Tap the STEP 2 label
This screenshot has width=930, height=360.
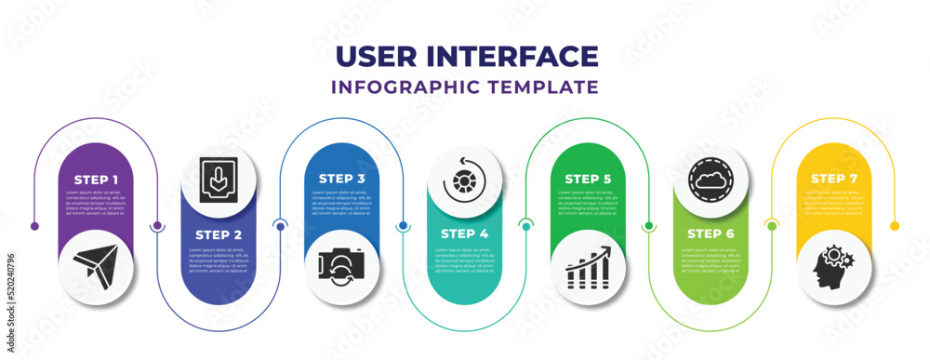219,233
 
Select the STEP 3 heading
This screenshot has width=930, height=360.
341,179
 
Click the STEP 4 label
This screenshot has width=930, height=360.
464,233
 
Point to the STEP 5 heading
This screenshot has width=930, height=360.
588,179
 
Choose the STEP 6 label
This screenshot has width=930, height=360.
711,233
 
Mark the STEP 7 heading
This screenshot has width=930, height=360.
833,179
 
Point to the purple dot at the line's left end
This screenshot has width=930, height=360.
34,226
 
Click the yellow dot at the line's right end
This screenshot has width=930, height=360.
895,226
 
